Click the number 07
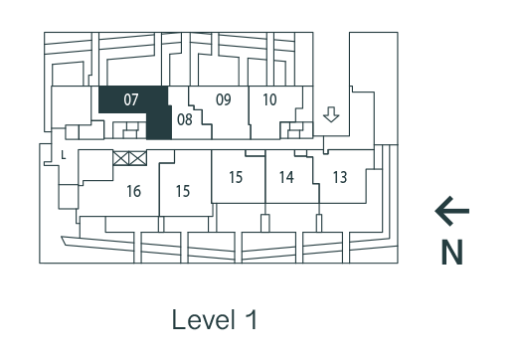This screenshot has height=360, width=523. (x=131, y=100)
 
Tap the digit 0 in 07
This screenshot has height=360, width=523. (x=127, y=100)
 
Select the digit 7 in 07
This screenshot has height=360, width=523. (x=135, y=100)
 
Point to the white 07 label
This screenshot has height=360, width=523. (x=131, y=100)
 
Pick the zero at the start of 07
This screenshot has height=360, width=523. (x=127, y=100)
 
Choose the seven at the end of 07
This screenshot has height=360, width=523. (x=135, y=100)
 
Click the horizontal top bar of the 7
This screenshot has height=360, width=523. (x=135, y=95)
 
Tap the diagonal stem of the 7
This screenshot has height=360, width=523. (x=135, y=101)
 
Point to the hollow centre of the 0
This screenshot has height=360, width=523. (x=127, y=100)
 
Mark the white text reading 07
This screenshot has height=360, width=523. (x=131, y=100)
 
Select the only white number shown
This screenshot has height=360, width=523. (x=131, y=100)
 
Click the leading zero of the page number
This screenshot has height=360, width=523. (x=127, y=100)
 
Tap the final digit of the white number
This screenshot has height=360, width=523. (x=135, y=100)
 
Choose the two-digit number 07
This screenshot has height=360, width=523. (x=131, y=100)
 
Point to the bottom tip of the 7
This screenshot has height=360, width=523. (x=134, y=105)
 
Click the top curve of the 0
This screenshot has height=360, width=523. (x=127, y=94)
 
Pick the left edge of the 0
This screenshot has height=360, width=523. (x=124, y=100)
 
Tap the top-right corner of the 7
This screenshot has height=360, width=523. (x=138, y=95)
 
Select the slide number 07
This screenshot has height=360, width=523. (x=131, y=100)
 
